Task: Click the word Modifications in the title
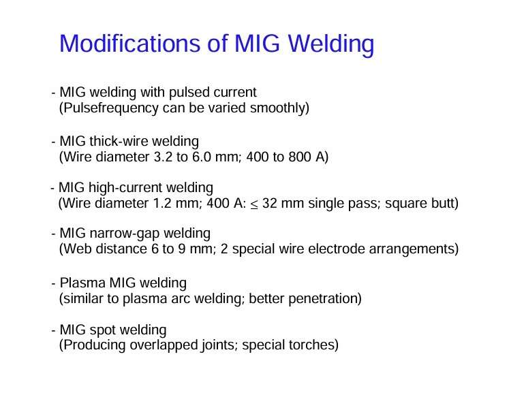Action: (x=130, y=43)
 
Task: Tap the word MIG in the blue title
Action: (x=257, y=43)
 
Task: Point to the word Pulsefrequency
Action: (x=109, y=108)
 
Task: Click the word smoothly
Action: (x=279, y=108)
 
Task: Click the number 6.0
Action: (x=202, y=157)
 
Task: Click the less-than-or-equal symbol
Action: (x=254, y=205)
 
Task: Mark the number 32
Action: (x=269, y=203)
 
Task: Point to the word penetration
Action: (x=325, y=299)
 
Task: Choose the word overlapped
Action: (x=164, y=345)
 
